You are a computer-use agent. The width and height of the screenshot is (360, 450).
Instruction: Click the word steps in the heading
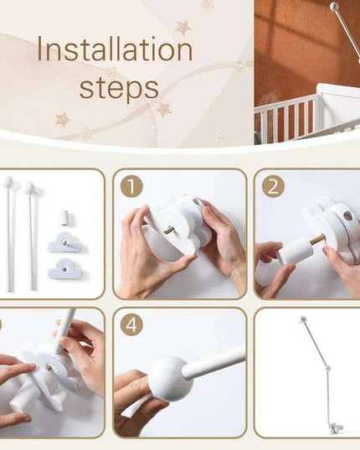119,88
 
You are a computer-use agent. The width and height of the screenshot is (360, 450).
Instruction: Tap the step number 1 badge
131,187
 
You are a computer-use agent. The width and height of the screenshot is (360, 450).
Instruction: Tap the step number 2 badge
273,187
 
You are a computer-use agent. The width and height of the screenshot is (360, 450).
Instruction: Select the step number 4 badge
131,325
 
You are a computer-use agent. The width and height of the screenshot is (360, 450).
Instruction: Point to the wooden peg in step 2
318,240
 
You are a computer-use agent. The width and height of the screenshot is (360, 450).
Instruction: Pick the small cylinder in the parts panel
65,218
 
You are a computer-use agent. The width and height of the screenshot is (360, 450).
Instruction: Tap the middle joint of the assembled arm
328,368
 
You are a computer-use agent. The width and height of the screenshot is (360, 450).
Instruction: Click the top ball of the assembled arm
302,318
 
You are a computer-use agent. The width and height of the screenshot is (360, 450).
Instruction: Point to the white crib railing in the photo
286,116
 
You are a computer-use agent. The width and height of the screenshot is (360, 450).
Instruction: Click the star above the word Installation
183,28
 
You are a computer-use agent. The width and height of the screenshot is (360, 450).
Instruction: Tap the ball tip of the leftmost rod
8,181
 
